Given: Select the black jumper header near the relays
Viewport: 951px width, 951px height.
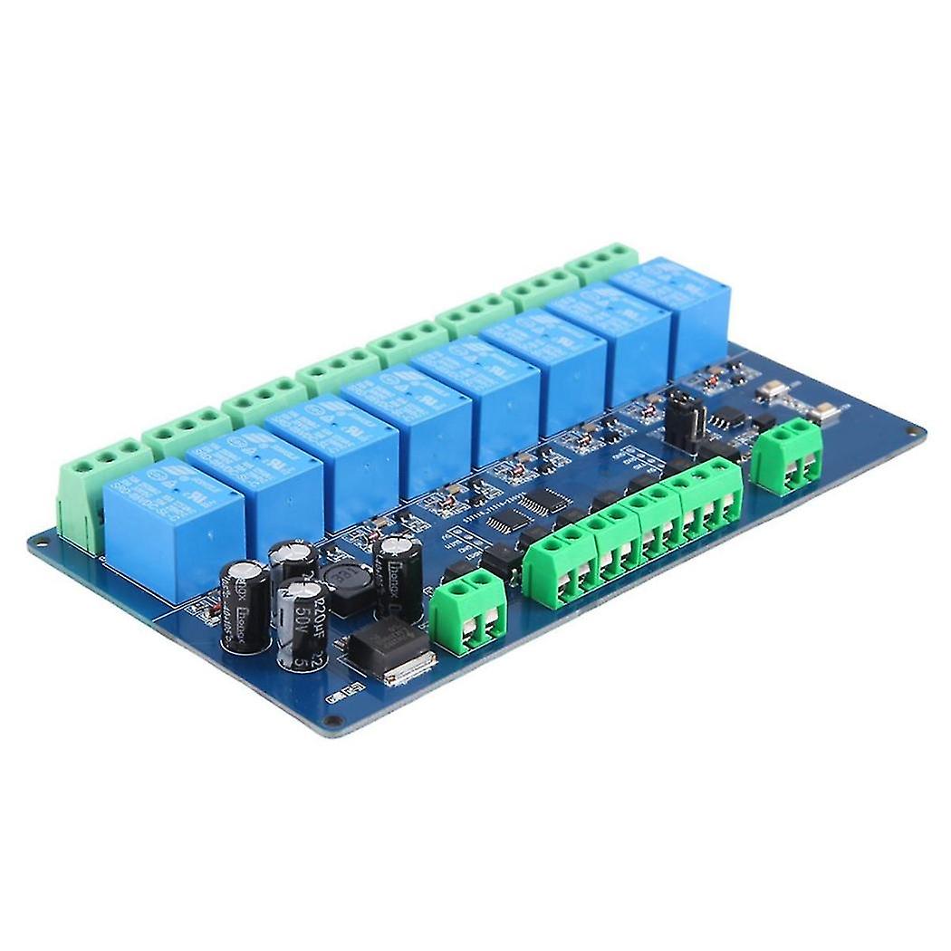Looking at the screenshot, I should (685, 418).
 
